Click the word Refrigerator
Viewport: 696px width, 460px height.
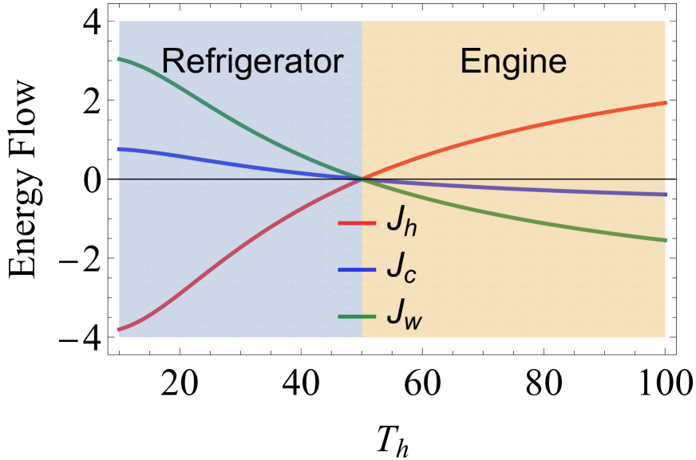[251, 62]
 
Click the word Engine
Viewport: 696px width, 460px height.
[512, 61]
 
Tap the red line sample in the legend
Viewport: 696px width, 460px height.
[357, 223]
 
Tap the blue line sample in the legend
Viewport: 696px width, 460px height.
[357, 269]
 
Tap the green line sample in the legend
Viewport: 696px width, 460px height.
[357, 316]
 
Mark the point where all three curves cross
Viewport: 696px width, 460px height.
[362, 179]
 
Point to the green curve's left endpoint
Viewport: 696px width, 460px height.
[119, 59]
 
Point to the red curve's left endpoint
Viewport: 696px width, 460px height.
[119, 328]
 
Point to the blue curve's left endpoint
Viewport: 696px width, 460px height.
[119, 149]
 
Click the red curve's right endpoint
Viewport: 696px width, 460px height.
[665, 103]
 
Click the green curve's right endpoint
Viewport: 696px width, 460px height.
[665, 240]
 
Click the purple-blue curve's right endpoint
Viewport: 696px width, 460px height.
[665, 195]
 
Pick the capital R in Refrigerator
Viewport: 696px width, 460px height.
[172, 62]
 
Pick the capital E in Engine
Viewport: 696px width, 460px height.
[469, 61]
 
